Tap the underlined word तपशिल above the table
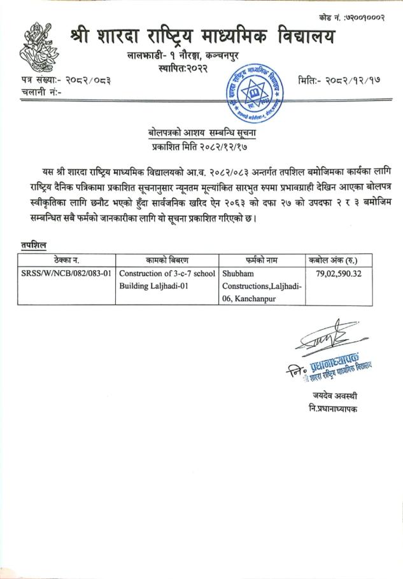(x=32, y=245)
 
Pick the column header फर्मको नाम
(x=262, y=260)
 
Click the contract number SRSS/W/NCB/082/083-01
(x=67, y=273)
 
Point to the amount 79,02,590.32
(x=339, y=273)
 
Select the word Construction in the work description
(x=143, y=273)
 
